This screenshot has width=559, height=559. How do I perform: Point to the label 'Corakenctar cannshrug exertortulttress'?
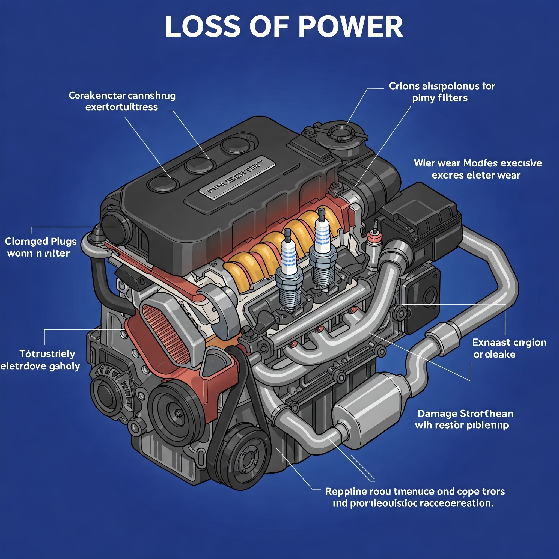pyautogui.click(x=122, y=101)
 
